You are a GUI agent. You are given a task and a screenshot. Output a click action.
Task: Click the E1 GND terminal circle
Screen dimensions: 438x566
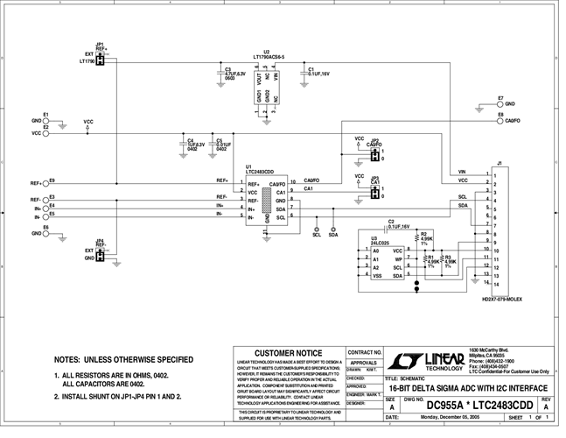(47, 120)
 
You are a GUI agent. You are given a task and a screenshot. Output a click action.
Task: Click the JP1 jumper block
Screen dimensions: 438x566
(101, 60)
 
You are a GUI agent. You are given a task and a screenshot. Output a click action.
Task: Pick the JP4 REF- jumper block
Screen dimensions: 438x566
(101, 255)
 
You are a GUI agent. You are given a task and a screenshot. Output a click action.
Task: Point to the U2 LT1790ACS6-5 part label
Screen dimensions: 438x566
(268, 58)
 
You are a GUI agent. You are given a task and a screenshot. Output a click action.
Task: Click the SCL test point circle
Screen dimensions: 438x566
(317, 228)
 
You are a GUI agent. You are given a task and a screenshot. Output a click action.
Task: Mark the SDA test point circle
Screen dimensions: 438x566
(332, 228)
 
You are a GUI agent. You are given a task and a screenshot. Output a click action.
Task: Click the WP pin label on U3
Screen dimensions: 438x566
(398, 259)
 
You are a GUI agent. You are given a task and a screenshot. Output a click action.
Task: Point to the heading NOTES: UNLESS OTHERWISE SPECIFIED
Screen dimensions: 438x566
(123, 359)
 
